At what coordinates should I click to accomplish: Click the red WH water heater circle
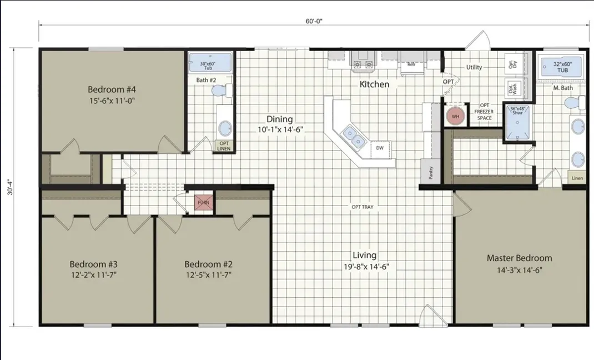click(x=455, y=116)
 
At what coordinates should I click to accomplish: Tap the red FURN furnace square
click(x=203, y=202)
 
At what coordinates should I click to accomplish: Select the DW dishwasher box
click(x=380, y=148)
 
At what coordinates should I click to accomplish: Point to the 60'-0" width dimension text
click(x=314, y=21)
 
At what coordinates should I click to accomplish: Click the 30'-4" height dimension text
click(x=10, y=187)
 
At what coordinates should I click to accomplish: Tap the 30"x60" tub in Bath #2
click(x=210, y=63)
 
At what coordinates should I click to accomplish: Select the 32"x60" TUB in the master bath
click(x=562, y=67)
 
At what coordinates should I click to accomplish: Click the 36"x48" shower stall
click(x=517, y=122)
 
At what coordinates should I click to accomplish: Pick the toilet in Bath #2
click(x=222, y=91)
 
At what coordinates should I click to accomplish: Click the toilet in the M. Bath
click(x=575, y=103)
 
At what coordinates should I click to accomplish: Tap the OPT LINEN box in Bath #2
click(x=224, y=146)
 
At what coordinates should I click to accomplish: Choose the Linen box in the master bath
click(x=577, y=178)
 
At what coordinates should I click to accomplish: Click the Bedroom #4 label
click(x=112, y=89)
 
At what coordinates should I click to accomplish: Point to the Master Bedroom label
click(x=520, y=258)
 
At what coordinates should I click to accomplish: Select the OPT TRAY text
click(x=363, y=207)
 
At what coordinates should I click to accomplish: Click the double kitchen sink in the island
click(x=353, y=137)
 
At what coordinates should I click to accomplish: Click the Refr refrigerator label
click(x=412, y=64)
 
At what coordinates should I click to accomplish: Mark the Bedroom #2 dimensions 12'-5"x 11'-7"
click(x=209, y=275)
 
